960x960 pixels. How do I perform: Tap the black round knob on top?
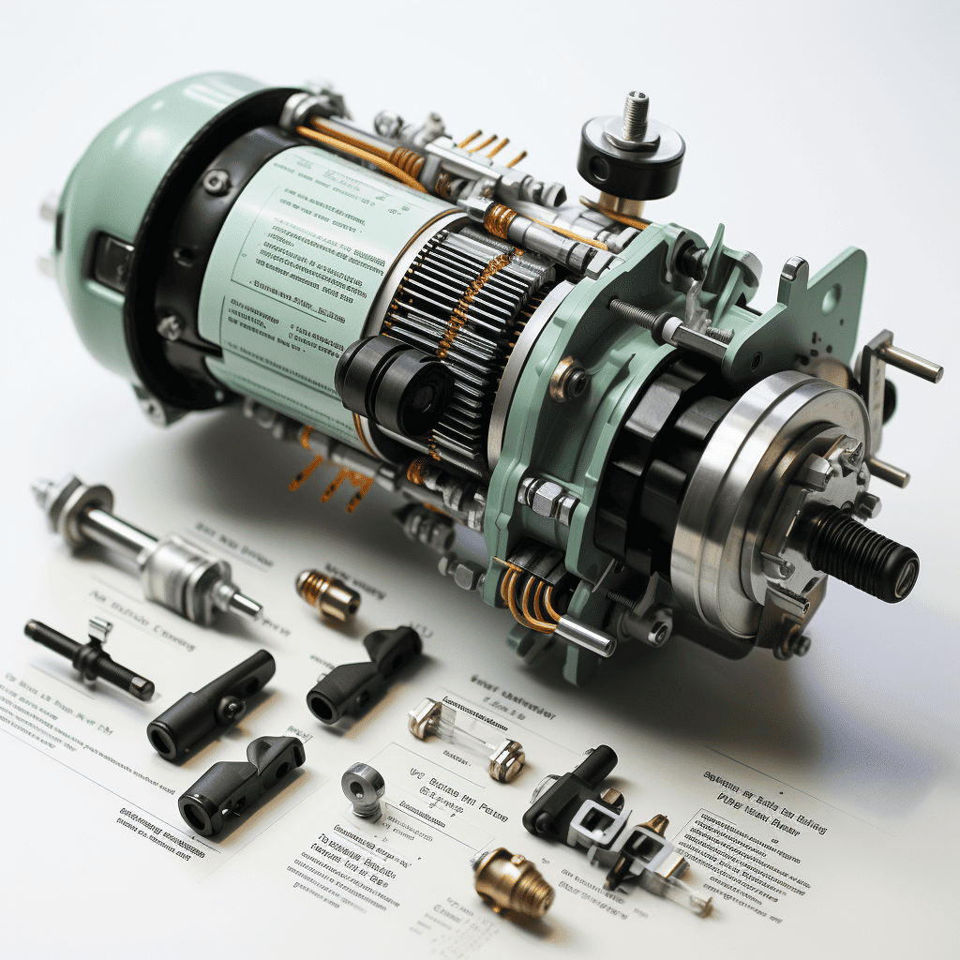(x=630, y=154)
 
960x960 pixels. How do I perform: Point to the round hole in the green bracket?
(x=830, y=301)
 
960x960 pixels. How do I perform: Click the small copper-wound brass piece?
(x=326, y=595)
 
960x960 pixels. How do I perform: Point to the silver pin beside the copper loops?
(x=585, y=637)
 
